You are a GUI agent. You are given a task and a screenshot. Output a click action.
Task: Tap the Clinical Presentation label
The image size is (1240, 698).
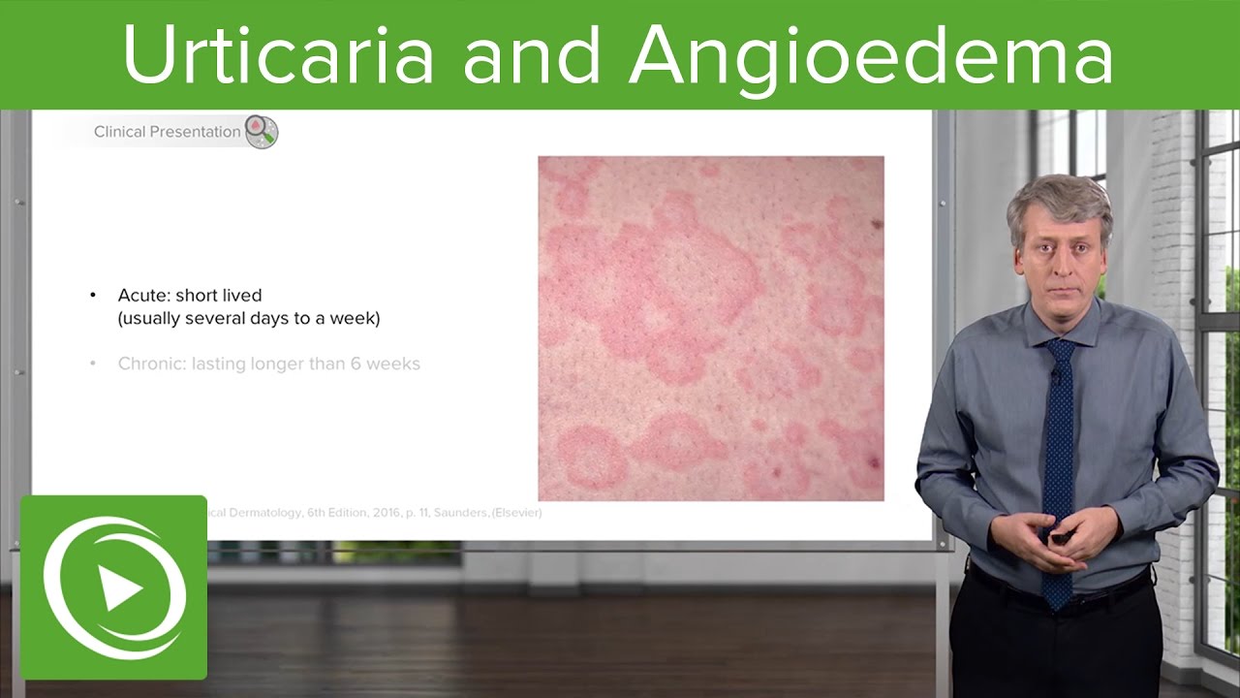167,132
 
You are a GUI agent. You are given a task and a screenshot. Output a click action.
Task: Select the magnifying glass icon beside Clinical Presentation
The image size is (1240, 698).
262,132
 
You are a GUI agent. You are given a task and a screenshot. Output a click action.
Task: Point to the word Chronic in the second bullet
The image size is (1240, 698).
151,365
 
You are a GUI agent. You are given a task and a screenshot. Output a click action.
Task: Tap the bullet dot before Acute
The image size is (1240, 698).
93,295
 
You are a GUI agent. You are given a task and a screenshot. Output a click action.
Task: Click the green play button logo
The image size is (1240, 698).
113,588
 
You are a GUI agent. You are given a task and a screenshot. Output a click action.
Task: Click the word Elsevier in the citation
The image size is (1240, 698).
518,513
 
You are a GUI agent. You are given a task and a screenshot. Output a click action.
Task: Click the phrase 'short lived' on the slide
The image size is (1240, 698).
219,295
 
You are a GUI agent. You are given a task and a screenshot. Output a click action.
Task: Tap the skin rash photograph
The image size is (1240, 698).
710,328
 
